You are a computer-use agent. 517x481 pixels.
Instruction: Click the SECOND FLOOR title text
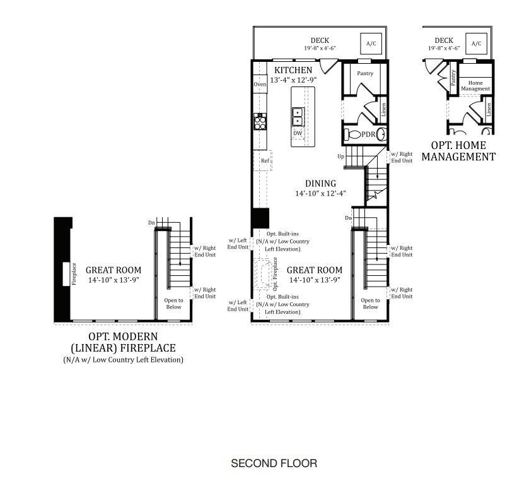[x=274, y=463]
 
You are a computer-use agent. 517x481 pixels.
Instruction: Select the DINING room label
[x=320, y=184]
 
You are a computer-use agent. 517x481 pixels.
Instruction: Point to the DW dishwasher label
[x=298, y=134]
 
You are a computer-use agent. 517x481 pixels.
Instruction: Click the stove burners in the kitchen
[x=259, y=121]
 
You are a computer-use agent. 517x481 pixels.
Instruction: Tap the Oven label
[x=260, y=85]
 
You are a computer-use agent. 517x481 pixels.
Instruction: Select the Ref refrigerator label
[x=265, y=161]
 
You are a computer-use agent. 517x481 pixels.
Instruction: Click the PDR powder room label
[x=369, y=134]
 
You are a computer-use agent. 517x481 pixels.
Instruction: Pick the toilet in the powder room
[x=352, y=134]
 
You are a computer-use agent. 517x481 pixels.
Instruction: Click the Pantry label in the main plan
[x=364, y=74]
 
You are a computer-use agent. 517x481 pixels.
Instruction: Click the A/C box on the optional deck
[x=476, y=44]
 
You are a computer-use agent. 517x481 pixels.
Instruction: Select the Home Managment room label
[x=475, y=86]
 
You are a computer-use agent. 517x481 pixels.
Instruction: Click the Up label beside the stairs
[x=341, y=156]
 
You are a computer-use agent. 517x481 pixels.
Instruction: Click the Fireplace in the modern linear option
[x=66, y=273]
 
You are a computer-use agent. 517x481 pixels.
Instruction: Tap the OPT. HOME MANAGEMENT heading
[x=458, y=151]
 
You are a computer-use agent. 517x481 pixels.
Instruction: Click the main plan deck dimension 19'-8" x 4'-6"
[x=320, y=48]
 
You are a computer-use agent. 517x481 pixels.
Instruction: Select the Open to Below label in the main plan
[x=370, y=304]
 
